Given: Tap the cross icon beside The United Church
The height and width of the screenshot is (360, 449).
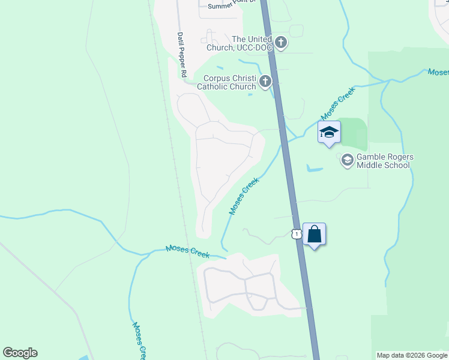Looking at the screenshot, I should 282,43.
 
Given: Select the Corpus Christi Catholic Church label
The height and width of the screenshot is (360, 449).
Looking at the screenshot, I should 230,82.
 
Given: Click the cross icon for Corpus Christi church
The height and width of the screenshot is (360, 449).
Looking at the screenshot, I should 265,82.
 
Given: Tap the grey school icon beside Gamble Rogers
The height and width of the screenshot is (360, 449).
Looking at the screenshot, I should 347,160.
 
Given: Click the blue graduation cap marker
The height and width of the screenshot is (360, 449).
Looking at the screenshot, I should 329,132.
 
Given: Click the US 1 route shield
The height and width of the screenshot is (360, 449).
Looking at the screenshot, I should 296,234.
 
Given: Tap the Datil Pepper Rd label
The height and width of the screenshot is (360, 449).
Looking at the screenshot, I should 179,55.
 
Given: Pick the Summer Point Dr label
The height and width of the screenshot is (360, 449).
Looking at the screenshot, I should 231,6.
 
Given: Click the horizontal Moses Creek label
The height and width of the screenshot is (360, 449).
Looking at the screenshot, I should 187,250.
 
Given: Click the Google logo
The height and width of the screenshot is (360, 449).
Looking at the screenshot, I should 20,353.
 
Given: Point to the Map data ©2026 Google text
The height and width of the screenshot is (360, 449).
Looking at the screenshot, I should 412,355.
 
